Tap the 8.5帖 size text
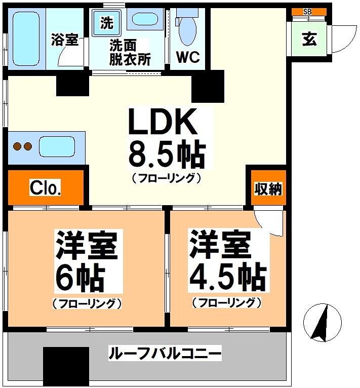click(167, 154)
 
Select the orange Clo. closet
click(46, 188)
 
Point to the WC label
click(187, 58)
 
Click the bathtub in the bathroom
click(27, 38)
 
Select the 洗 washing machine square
click(107, 23)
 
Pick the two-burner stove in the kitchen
click(22, 147)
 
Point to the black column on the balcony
click(66, 366)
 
